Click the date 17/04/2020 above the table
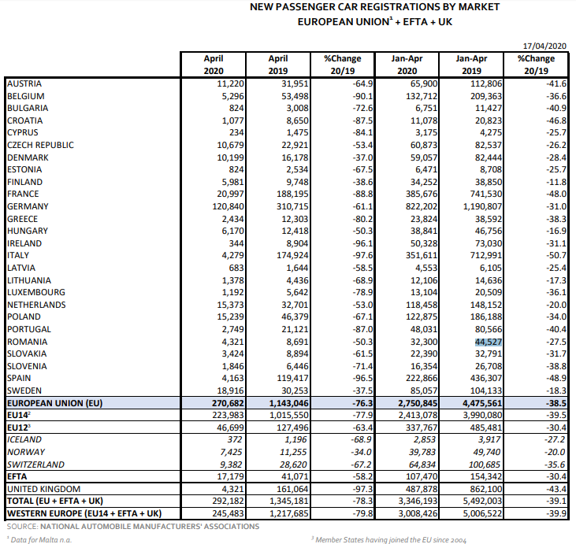point(544,46)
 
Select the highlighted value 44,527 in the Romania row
point(489,342)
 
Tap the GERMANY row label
point(28,206)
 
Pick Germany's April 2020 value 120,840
point(228,206)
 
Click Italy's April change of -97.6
point(362,255)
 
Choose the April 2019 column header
point(278,65)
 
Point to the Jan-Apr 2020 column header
point(407,65)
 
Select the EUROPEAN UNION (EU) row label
point(54,403)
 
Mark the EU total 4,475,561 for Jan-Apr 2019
point(482,403)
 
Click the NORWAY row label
point(26,452)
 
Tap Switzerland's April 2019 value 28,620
point(293,464)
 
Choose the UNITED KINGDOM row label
point(43,489)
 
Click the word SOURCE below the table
point(22,527)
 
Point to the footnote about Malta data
point(40,539)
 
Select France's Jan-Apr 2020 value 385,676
point(422,194)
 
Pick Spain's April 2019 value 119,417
point(293,378)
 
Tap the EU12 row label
point(17,427)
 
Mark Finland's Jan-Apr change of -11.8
point(556,182)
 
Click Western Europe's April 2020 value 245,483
point(228,513)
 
